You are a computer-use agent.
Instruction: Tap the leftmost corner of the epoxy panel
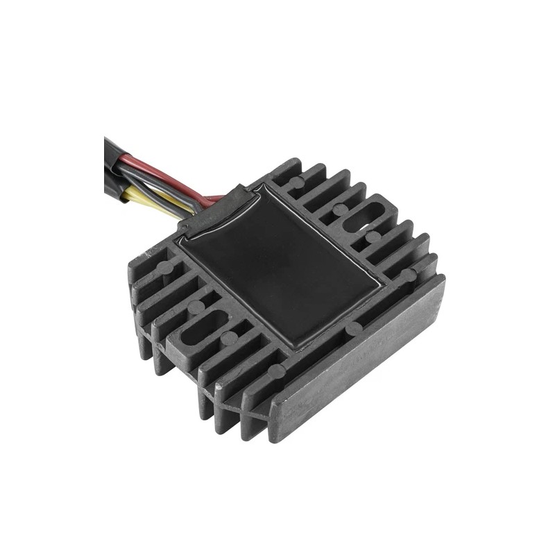pyautogui.click(x=179, y=237)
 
